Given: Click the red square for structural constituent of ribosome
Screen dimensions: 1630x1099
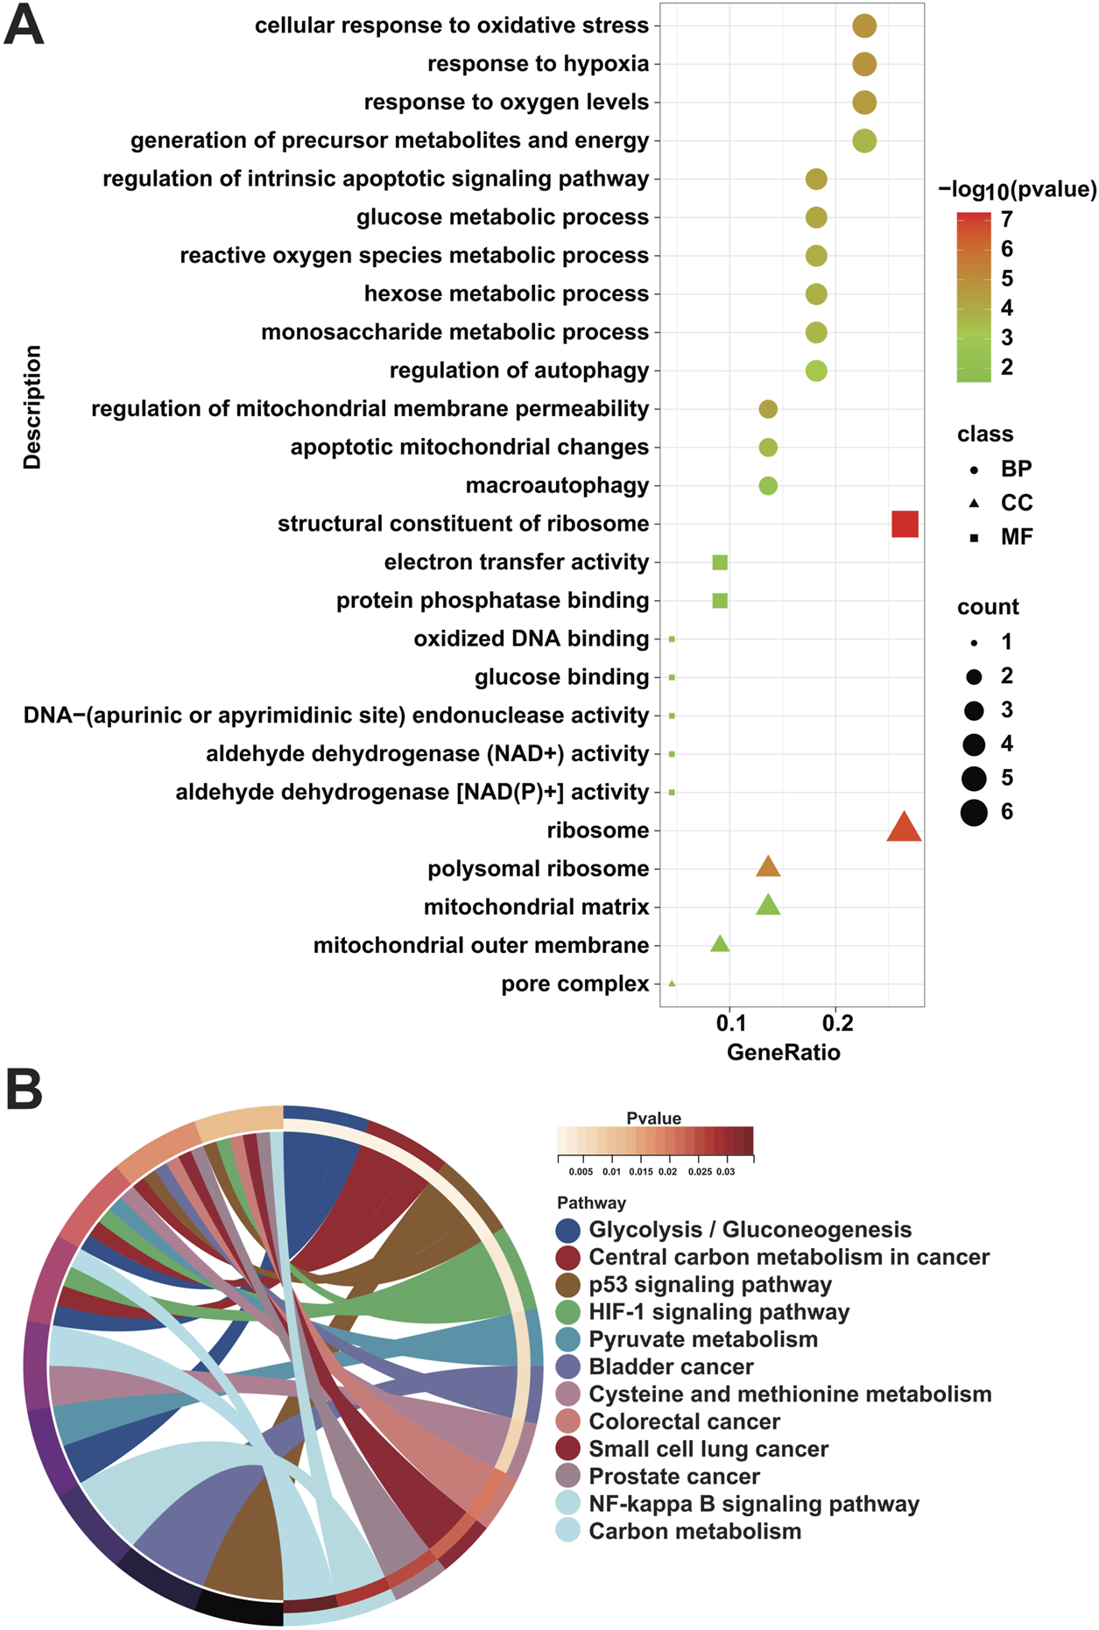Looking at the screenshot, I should pos(905,524).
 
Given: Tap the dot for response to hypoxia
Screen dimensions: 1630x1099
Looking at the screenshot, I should pos(864,64).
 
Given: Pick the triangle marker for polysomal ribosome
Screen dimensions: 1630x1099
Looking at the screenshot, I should pos(768,867).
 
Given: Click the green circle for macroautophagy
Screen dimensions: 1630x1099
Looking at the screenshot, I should pos(768,485).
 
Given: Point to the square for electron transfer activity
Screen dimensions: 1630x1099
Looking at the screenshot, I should pos(720,562).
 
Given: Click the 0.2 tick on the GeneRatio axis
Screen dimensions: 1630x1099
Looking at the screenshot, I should pos(837,1022).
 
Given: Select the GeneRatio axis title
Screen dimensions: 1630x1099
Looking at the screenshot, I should pos(783,1052).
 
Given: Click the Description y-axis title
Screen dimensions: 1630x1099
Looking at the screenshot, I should pos(32,407).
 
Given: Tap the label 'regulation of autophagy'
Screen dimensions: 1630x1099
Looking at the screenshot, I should pos(519,370).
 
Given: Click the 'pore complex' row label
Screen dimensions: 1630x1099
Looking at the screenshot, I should pos(574,984).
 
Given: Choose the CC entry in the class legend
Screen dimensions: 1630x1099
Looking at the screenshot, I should pos(1016,503).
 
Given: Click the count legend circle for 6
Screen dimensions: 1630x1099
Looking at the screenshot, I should pos(974,812).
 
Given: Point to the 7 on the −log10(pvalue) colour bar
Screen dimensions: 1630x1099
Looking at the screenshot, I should pos(1007,219).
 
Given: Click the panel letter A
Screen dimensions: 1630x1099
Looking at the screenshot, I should pos(24,26).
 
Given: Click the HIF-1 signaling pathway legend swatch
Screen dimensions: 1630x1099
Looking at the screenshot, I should pos(568,1312).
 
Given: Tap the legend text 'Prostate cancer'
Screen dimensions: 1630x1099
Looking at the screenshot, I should pos(673,1476).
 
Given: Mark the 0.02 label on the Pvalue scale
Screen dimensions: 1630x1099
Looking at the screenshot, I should pos(667,1171).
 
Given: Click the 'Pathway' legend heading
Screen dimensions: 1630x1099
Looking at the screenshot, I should pos(591,1203).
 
